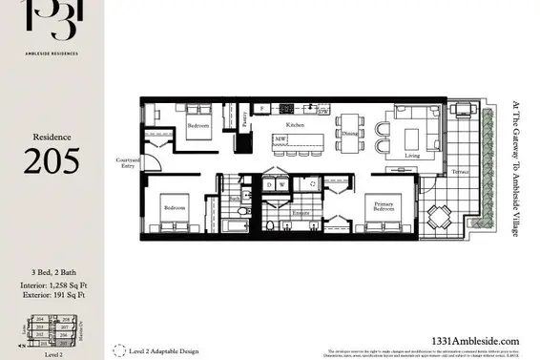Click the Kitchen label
[x=294, y=125]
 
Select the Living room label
[x=411, y=155]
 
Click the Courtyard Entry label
[x=128, y=162]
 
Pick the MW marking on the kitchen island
[x=280, y=139]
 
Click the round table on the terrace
[x=439, y=217]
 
